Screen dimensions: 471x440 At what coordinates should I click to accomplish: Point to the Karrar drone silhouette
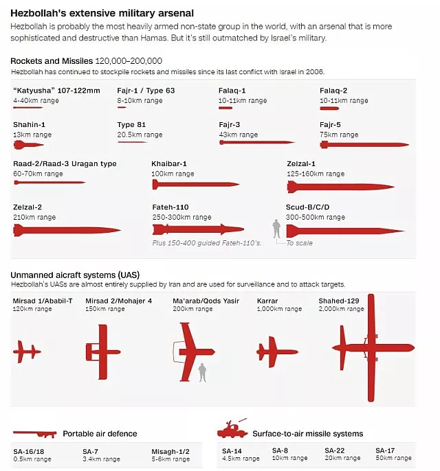(x=276, y=352)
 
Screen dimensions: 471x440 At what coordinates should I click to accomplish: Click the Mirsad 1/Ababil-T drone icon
(x=27, y=352)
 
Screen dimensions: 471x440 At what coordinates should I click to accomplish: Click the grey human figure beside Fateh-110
(x=277, y=229)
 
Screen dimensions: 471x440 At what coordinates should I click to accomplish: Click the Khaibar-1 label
(x=169, y=164)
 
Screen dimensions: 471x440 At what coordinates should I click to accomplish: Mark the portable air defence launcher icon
(x=34, y=433)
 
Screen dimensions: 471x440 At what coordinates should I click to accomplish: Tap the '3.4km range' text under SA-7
(x=101, y=459)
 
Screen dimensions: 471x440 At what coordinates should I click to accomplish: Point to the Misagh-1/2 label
(x=170, y=451)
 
